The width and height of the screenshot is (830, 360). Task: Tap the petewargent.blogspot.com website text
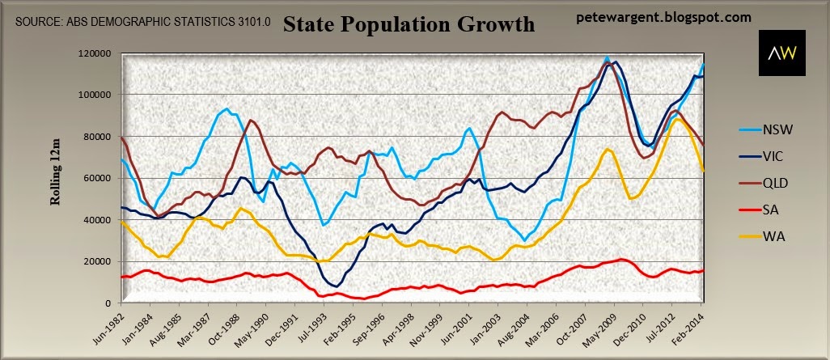tap(665, 16)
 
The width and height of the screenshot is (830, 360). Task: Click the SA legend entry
tap(770, 212)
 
